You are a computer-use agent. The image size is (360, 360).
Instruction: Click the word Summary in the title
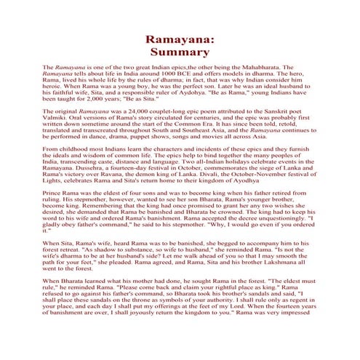click(180, 52)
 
